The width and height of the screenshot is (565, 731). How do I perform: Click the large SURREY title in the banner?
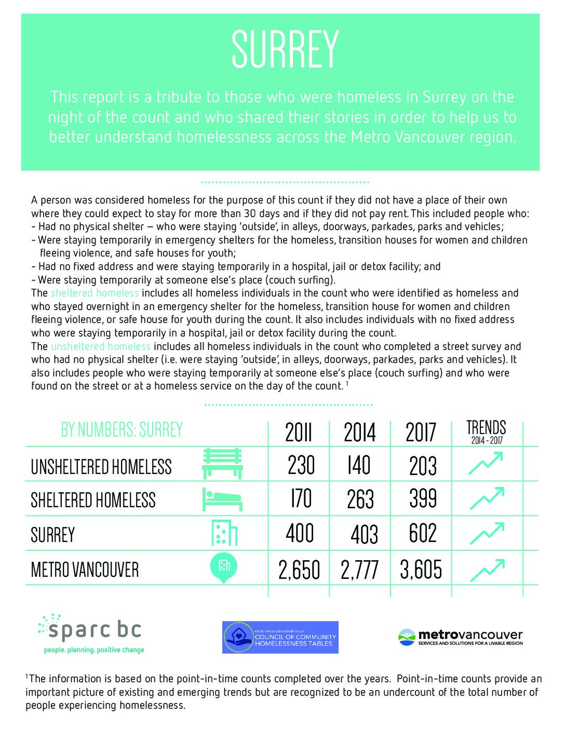(285, 49)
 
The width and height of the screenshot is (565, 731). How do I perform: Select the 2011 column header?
(298, 432)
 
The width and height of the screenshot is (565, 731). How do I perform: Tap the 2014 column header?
(359, 432)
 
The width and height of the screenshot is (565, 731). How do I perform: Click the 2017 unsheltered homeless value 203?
(423, 466)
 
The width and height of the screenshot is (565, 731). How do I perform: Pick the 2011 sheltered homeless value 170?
(301, 499)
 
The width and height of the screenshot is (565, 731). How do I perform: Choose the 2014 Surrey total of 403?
(364, 534)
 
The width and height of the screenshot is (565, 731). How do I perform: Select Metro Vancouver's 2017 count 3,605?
(421, 570)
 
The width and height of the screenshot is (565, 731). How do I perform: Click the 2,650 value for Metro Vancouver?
(299, 570)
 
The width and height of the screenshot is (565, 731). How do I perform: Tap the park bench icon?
(222, 464)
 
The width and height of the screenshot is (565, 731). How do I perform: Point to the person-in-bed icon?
(222, 499)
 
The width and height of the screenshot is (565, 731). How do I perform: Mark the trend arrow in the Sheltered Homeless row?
(487, 498)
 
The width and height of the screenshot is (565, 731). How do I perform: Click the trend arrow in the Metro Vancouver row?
(487, 570)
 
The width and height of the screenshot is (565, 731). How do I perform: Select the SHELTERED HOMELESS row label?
(93, 500)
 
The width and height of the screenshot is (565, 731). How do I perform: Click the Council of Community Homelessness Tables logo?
(280, 637)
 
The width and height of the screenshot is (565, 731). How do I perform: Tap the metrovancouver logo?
(460, 637)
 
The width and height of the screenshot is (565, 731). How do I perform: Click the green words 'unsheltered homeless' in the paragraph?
(100, 346)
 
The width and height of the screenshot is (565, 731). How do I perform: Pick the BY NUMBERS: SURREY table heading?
(122, 430)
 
